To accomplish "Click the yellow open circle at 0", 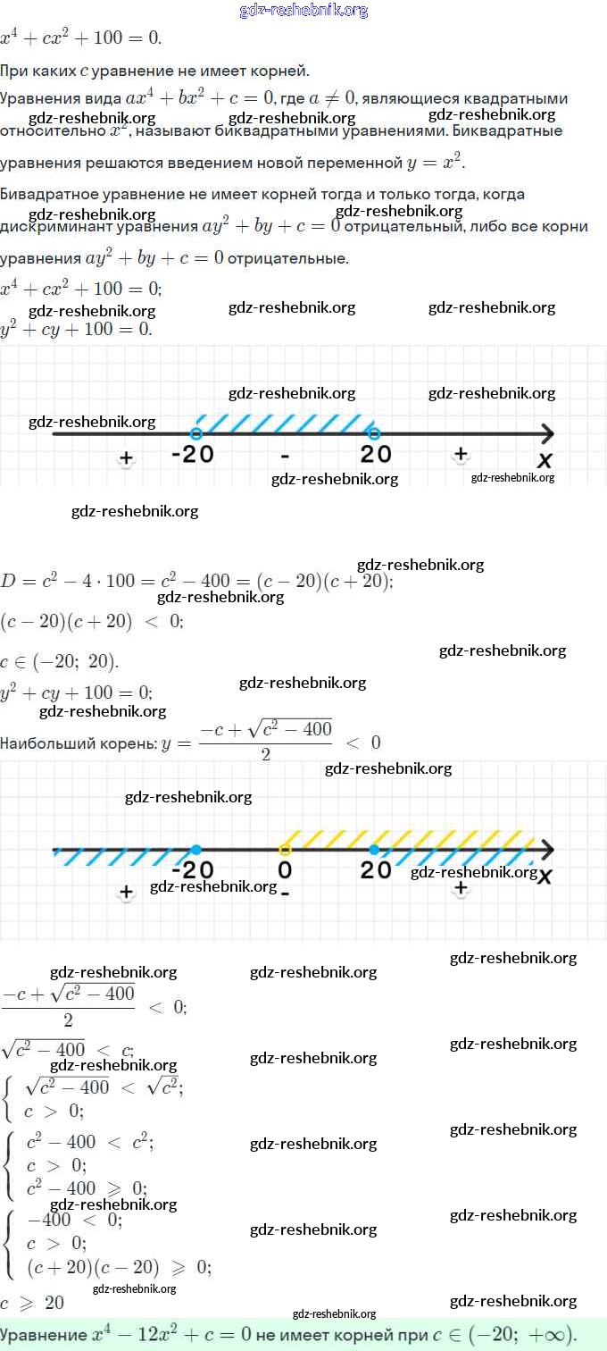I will (285, 849).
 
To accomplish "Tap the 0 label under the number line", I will (285, 869).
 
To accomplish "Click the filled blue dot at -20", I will (195, 849).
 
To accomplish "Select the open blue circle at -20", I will (196, 433).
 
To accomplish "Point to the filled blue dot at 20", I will (374, 849).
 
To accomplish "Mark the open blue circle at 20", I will (374, 433).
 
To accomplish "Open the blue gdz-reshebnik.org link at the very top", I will (303, 11).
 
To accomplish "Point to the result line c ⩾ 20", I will (32, 1302).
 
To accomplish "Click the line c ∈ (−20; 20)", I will (59, 662).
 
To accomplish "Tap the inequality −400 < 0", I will (75, 1220).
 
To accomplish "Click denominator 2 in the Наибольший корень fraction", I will (265, 754).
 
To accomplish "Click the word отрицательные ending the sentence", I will (287, 259).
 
